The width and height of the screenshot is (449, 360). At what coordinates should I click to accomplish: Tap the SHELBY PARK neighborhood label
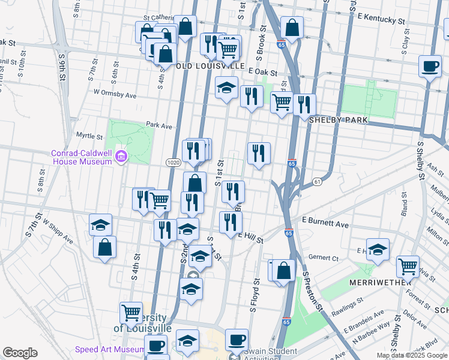coord(337,120)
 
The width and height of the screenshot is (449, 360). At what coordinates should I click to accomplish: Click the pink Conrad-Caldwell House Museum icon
coord(122,157)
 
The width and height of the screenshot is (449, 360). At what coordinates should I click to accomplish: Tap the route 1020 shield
coord(173,163)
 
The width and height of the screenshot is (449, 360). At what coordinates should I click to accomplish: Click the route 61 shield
coord(318,181)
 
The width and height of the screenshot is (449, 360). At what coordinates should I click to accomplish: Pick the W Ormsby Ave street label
coord(115,95)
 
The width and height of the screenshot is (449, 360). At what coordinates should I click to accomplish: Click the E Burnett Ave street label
coord(325,224)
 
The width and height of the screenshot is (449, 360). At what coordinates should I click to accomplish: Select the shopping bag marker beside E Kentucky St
coord(292,28)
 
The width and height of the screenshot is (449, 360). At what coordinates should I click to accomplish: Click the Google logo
coord(20,353)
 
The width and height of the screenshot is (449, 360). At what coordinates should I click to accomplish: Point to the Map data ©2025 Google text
coord(412,355)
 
